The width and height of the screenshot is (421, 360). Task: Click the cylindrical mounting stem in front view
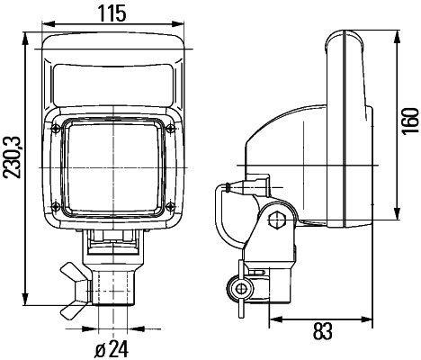point(113,283)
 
